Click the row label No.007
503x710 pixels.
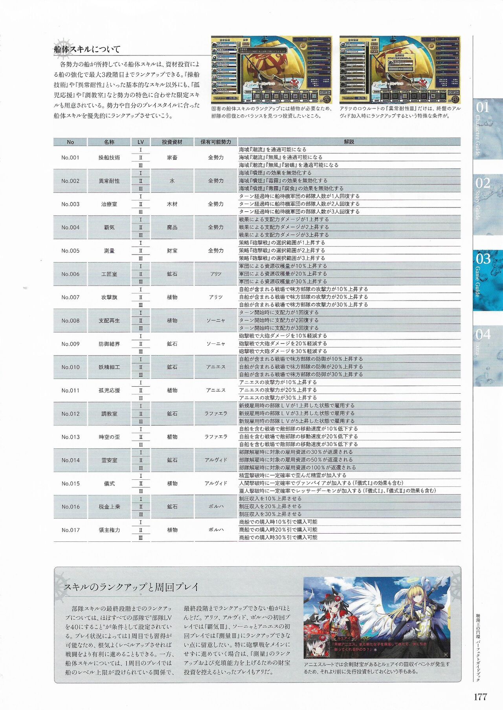pyautogui.click(x=70, y=297)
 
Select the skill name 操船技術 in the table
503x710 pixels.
pyautogui.click(x=109, y=158)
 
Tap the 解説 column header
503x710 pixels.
pyautogui.click(x=349, y=142)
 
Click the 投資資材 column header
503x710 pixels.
pyautogui.click(x=172, y=142)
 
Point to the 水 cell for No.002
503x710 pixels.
pyautogui.click(x=172, y=181)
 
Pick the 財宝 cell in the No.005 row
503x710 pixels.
pyautogui.click(x=172, y=251)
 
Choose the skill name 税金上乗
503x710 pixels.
pyautogui.click(x=109, y=507)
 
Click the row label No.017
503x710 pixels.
pyautogui.click(x=70, y=530)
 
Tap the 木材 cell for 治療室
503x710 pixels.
pyautogui.click(x=172, y=204)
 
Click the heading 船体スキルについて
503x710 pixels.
pyautogui.click(x=87, y=50)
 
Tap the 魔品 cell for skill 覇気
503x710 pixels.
pyautogui.click(x=172, y=227)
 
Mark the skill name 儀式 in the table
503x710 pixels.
pyautogui.click(x=109, y=484)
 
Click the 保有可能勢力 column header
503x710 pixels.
pyautogui.click(x=216, y=142)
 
